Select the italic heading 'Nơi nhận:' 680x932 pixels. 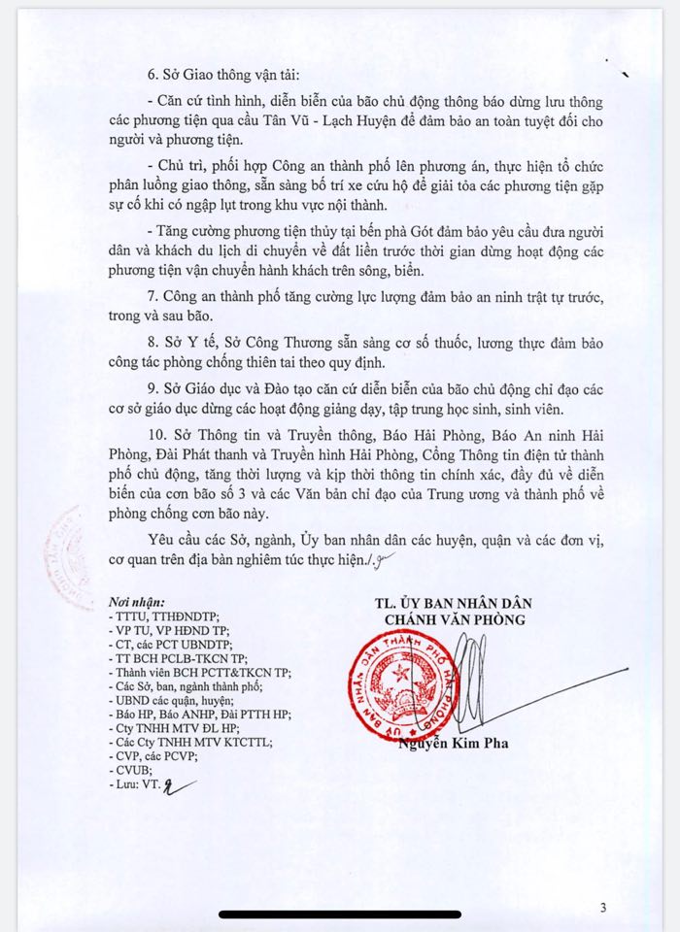coord(137,601)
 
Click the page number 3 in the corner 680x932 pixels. coord(602,909)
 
